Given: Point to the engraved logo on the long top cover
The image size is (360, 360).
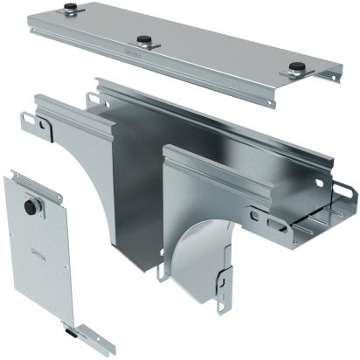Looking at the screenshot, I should pyautogui.click(x=132, y=55).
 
